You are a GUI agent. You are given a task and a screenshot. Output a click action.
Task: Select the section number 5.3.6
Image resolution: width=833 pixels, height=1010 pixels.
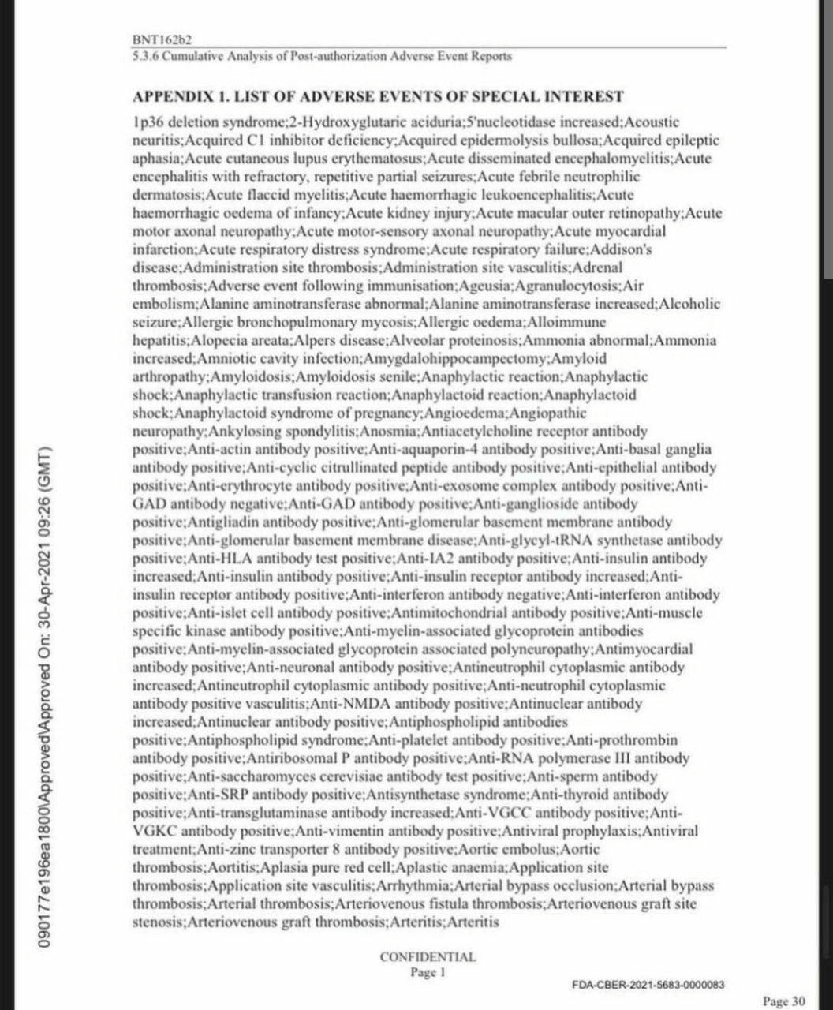coord(146,56)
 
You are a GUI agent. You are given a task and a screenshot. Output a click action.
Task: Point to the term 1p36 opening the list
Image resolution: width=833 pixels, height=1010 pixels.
coord(147,122)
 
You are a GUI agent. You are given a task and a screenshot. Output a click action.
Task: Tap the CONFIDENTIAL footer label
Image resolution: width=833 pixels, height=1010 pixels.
coord(428,957)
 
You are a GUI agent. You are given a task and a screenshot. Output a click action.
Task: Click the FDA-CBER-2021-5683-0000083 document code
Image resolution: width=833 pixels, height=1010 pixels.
coord(648,985)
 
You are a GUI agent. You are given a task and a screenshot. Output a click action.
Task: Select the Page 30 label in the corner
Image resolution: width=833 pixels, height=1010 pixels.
coord(784,1001)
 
